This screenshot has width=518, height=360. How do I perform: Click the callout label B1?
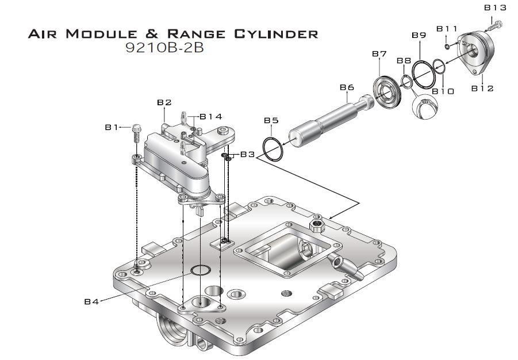tap(112, 128)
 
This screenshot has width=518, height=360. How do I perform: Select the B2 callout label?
tap(164, 102)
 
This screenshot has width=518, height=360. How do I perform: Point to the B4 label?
tap(92, 301)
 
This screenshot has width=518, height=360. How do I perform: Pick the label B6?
tap(346, 87)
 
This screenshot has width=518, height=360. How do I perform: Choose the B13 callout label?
tap(495, 7)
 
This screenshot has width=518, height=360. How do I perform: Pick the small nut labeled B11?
tap(447, 46)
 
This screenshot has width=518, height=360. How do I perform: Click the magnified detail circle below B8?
tap(424, 108)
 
